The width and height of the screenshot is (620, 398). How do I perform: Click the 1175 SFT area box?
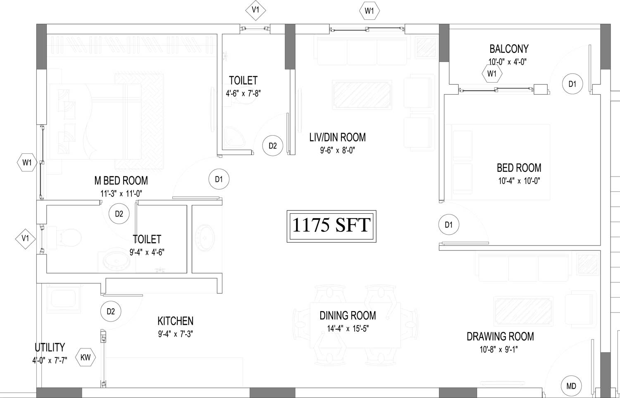[331, 226]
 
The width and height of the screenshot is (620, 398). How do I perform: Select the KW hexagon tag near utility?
[86, 357]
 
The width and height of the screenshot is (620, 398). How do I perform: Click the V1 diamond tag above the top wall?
[255, 10]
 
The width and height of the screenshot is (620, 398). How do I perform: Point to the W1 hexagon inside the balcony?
[492, 74]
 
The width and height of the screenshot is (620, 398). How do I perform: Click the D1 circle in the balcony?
[572, 84]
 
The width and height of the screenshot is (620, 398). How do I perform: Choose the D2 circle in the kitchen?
[111, 311]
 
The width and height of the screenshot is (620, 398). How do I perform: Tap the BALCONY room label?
[509, 49]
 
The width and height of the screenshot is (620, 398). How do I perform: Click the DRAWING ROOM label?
[500, 336]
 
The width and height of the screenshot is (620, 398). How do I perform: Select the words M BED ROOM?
[121, 181]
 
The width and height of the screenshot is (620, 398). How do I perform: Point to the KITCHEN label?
[176, 321]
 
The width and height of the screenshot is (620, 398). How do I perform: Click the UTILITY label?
[50, 347]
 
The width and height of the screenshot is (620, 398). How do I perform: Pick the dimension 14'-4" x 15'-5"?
[348, 329]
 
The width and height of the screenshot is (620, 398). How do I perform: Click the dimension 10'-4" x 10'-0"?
[519, 181]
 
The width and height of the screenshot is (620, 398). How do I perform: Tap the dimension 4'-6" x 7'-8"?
[243, 93]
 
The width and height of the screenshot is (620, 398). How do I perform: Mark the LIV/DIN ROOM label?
[337, 137]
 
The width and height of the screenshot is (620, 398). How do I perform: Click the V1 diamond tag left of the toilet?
[25, 238]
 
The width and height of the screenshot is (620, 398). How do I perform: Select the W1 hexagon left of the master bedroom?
[27, 162]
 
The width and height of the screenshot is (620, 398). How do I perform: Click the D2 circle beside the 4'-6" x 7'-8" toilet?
[273, 145]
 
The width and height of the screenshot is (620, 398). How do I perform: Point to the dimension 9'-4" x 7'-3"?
[176, 334]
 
